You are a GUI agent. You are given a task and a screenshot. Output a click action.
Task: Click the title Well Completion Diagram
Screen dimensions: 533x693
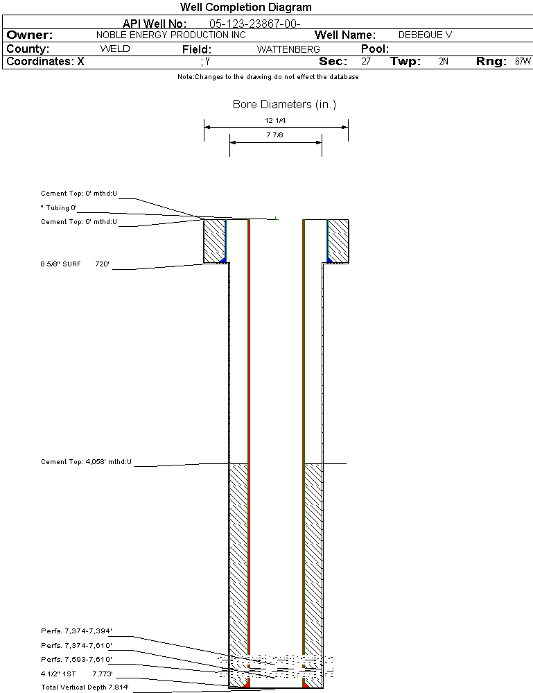click(246, 7)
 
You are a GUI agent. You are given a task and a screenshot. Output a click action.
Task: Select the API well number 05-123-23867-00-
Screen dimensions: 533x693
click(255, 24)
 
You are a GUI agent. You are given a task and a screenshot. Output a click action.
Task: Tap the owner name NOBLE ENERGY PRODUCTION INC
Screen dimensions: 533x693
click(171, 35)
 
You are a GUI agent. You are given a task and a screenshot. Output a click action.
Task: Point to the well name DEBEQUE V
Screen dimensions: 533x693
click(425, 35)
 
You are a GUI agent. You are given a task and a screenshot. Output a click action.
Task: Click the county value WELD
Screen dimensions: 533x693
click(115, 49)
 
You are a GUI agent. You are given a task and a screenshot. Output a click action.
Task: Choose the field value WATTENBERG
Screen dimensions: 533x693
click(288, 49)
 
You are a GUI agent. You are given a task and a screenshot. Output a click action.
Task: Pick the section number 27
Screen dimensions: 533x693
click(366, 62)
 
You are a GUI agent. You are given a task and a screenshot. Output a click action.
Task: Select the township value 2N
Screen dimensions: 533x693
click(444, 62)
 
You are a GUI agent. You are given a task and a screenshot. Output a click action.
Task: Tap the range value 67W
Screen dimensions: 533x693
click(523, 62)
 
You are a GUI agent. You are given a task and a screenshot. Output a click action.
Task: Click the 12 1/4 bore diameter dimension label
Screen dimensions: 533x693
click(275, 120)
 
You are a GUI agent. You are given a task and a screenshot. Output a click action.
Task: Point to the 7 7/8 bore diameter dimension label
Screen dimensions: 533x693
click(274, 135)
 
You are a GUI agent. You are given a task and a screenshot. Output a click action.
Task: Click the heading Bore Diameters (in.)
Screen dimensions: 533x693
click(284, 104)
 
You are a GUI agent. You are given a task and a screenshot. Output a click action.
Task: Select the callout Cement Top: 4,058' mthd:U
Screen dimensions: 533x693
click(86, 462)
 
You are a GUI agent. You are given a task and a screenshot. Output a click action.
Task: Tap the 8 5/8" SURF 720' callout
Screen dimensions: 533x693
click(75, 264)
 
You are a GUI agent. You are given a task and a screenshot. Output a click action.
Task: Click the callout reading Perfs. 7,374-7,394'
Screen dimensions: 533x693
click(76, 631)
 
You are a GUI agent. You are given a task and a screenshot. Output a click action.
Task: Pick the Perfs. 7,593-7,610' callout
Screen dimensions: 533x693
click(76, 660)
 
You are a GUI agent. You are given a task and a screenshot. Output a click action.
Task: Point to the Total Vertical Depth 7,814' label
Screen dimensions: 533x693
click(85, 687)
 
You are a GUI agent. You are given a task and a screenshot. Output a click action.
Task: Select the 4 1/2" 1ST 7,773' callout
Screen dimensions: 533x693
click(77, 674)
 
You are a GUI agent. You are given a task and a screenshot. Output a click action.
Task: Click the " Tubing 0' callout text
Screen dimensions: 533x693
click(59, 207)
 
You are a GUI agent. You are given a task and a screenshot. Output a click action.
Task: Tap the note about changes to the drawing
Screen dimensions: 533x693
click(268, 77)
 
